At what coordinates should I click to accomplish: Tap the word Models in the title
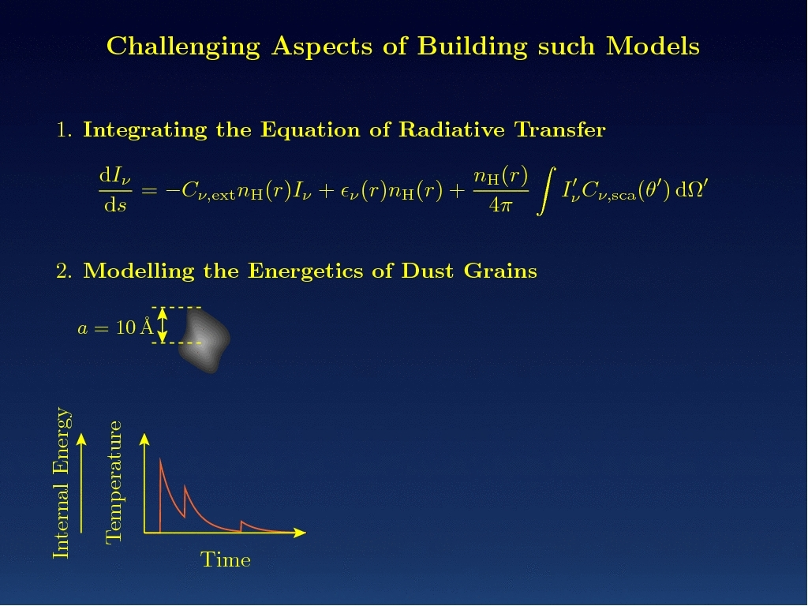[653, 46]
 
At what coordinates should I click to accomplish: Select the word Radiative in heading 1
[452, 129]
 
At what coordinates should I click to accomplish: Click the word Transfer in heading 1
[560, 129]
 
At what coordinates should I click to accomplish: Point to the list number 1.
[64, 130]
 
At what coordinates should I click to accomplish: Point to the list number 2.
[64, 271]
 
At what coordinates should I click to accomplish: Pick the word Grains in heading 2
[500, 271]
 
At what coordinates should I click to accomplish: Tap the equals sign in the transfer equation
[149, 191]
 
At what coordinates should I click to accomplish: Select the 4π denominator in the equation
[500, 206]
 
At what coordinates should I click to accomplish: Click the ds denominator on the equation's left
[115, 205]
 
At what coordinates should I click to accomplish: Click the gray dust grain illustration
[204, 340]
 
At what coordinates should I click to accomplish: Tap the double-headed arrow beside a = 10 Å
[163, 325]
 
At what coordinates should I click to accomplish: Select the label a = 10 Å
[115, 327]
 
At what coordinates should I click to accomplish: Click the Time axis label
[226, 560]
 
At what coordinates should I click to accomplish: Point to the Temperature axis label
[114, 482]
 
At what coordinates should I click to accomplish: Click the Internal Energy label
[62, 483]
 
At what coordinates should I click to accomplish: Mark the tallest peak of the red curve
[160, 458]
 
